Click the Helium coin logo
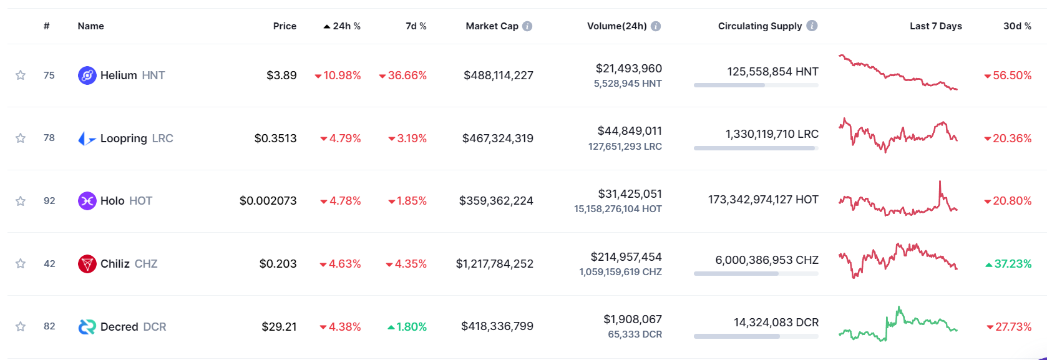pos(87,75)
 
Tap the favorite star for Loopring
pos(21,138)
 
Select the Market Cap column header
pos(492,26)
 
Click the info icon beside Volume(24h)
pos(656,26)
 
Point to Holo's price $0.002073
pos(268,201)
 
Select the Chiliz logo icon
pos(87,264)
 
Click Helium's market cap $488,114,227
pos(498,75)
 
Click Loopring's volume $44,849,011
pos(629,131)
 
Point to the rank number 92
pos(49,201)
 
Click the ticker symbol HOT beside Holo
pos(140,201)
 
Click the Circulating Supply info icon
pos(812,26)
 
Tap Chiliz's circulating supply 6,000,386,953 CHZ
pos(766,260)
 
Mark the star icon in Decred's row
pos(21,326)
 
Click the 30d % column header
pos(1017,26)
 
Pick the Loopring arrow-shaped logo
pos(87,139)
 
